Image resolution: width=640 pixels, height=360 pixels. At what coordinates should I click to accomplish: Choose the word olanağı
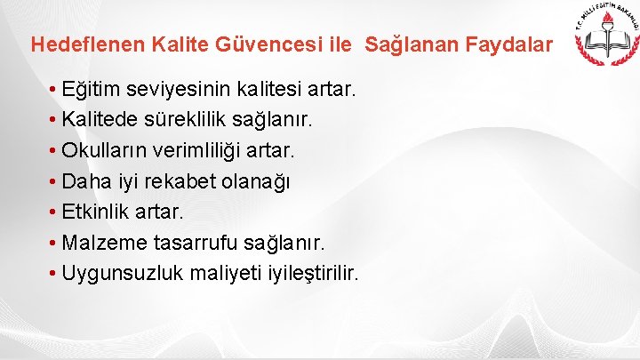259,181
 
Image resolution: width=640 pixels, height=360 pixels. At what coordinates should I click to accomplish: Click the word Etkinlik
97,212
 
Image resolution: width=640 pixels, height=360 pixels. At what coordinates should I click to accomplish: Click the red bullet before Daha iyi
55,181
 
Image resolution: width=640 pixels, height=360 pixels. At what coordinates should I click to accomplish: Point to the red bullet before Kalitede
55,120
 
